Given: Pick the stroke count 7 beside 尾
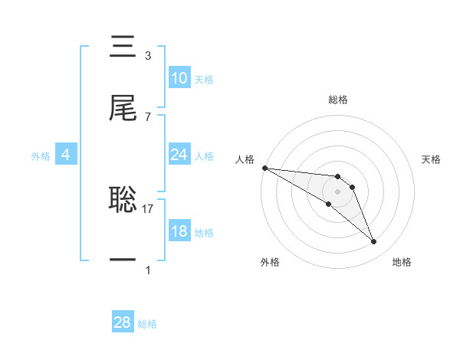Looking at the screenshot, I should [148, 116].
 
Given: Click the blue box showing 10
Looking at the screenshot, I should [179, 78].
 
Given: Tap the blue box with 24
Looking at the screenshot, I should [179, 155].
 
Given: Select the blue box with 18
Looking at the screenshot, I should [179, 231].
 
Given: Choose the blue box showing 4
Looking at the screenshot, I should [66, 155].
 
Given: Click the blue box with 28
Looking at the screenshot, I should [123, 322].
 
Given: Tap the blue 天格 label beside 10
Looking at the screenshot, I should [204, 80].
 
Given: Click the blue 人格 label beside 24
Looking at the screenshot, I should [204, 156].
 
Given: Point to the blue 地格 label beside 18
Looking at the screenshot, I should [204, 233].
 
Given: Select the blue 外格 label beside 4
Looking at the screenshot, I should [41, 156].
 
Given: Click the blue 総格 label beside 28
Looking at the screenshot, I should [147, 324].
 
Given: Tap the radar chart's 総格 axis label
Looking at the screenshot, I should [337, 100].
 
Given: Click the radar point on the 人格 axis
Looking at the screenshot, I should [264, 168].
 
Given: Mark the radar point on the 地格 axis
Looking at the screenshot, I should [374, 242].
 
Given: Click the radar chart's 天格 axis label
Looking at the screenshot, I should [432, 159].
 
